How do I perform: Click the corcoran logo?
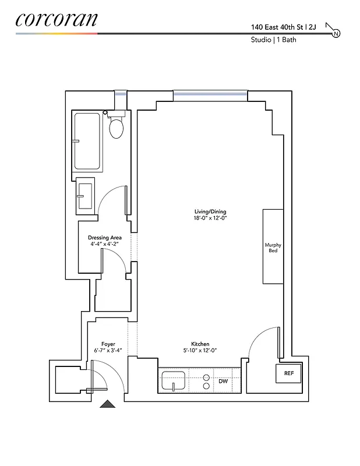tap(56, 19)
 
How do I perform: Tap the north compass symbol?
tap(336, 34)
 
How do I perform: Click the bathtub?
tap(87, 140)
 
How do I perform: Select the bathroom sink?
tap(85, 195)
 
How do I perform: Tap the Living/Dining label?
tap(210, 211)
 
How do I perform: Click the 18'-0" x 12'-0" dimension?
tap(210, 218)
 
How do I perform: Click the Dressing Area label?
tap(104, 238)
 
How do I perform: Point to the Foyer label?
tap(108, 344)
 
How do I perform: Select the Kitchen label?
tap(200, 344)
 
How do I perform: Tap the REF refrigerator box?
tap(288, 373)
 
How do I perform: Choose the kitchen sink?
tap(174, 382)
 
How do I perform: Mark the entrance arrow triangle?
tap(108, 404)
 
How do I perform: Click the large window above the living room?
tap(210, 94)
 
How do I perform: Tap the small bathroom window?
tap(121, 94)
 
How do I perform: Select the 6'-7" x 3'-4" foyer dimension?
tap(108, 351)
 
